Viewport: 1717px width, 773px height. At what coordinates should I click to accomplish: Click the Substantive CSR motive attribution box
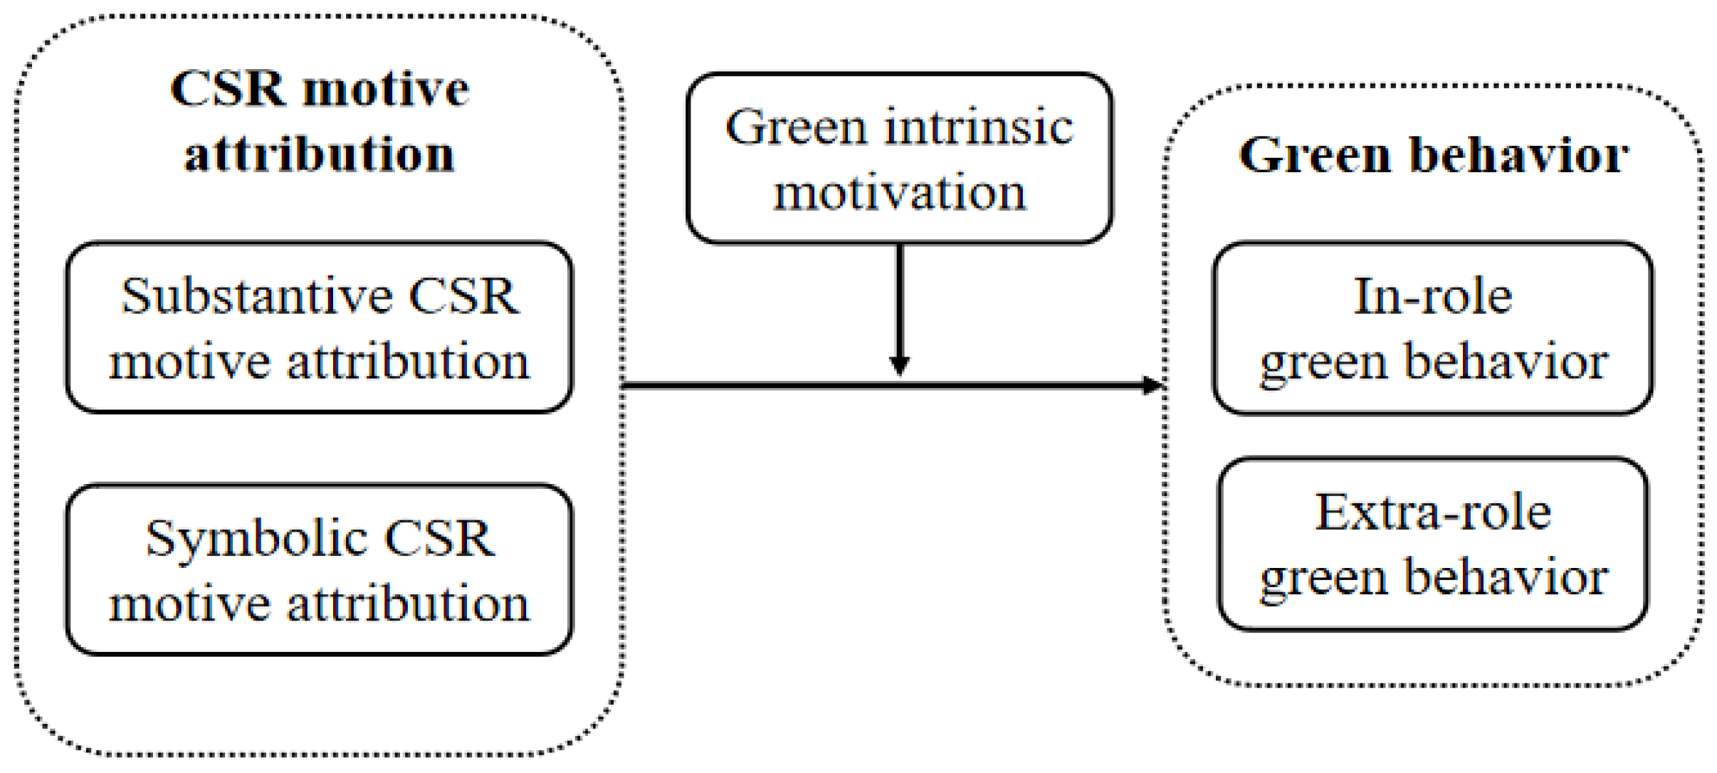319,328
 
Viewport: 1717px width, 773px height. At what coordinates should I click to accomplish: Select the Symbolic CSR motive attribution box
319,569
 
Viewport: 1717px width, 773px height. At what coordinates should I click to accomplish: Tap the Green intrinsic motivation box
899,159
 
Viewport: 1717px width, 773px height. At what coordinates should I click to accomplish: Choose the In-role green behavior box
1432,328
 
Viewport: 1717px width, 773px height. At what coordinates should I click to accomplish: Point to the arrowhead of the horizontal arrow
1152,386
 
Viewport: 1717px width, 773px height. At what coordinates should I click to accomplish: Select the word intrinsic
979,128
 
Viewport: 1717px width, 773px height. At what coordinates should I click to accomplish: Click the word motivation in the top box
899,192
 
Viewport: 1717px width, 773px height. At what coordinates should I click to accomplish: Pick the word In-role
1432,296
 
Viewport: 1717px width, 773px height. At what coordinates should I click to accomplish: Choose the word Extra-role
1432,512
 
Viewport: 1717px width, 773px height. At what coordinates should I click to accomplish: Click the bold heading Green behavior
1433,155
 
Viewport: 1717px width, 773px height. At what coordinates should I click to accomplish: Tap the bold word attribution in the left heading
319,154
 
